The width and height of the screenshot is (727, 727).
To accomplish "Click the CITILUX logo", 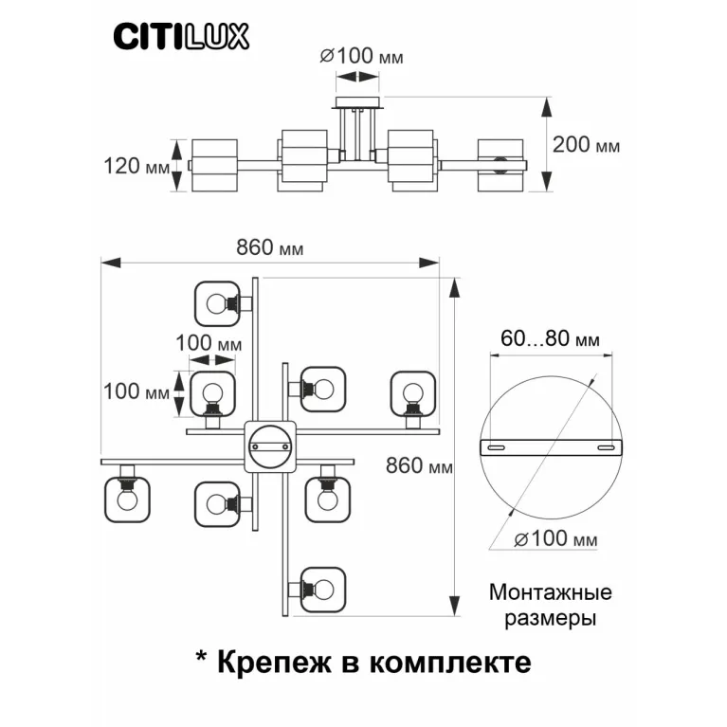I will [x=182, y=36].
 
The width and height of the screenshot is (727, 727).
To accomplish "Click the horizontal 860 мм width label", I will [x=270, y=249].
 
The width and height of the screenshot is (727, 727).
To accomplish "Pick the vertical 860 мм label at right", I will [x=420, y=466].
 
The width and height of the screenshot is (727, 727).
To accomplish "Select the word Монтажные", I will [x=550, y=593].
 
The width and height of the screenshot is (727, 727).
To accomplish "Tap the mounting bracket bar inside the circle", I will [x=550, y=446].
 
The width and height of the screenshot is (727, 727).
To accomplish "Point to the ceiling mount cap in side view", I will [x=357, y=101].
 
